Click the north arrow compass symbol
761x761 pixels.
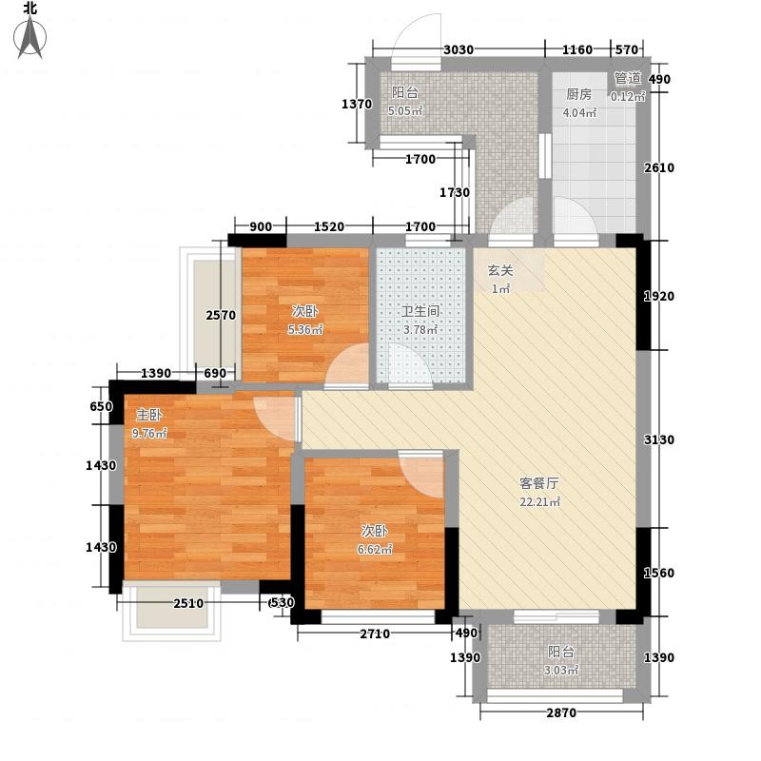coord(30,37)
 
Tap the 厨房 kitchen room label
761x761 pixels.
coord(579,94)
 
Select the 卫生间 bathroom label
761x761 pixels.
coord(420,311)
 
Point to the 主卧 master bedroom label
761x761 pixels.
coord(149,415)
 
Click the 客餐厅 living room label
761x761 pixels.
coord(539,483)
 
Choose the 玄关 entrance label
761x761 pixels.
coord(500,270)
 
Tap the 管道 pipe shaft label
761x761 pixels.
coord(628,78)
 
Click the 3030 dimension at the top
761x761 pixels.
coord(459,49)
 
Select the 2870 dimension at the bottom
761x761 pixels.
coord(561,712)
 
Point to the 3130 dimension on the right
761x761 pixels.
coord(658,439)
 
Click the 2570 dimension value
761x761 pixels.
coord(221,316)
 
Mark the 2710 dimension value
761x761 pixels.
coord(375,634)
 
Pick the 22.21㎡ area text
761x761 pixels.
coord(540,501)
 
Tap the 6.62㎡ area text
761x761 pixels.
coord(375,549)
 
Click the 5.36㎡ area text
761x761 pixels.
coord(305,329)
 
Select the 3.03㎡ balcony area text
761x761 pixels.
coord(561,671)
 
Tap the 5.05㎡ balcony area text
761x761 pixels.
coord(406,110)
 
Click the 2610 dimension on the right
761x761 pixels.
coord(659,168)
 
